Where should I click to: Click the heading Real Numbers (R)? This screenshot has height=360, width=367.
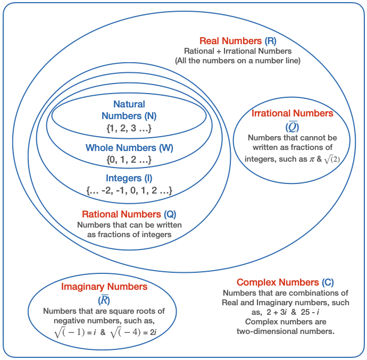coord(238,41)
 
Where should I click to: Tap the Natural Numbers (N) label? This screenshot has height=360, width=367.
coord(129,110)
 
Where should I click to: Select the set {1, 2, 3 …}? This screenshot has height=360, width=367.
coord(129,128)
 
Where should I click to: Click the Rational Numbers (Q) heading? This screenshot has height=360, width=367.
coord(129,214)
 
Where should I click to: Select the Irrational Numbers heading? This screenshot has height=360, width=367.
coord(292,113)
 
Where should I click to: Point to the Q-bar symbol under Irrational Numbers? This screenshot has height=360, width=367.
coord(292,127)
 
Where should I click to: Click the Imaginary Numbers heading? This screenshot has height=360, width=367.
coord(104,287)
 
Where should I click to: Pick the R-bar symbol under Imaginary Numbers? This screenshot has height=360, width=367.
coord(104,300)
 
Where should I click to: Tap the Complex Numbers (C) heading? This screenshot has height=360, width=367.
coord(285,282)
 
